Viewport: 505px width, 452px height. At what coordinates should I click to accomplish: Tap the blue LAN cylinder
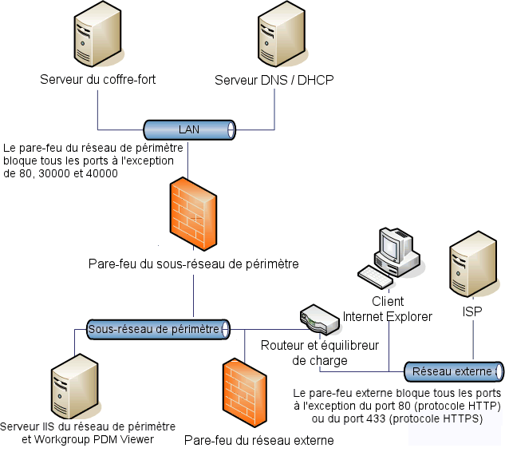pyautogui.click(x=189, y=129)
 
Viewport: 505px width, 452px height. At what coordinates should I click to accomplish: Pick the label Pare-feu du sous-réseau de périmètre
pyautogui.click(x=194, y=263)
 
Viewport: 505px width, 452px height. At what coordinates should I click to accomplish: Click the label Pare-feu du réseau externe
pyautogui.click(x=258, y=440)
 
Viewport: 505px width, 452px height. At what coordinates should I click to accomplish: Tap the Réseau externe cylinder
pyautogui.click(x=454, y=371)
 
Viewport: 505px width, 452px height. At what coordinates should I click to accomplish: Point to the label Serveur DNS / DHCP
pyautogui.click(x=274, y=80)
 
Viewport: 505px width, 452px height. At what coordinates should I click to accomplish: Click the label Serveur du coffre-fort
pyautogui.click(x=98, y=80)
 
